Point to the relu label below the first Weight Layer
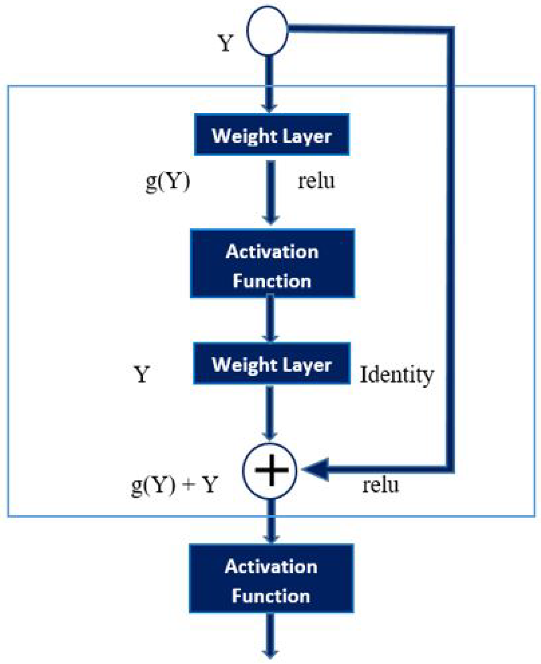click(x=316, y=181)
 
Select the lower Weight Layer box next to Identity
click(x=271, y=364)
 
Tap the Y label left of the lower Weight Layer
click(x=142, y=374)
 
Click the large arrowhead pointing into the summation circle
click(x=316, y=469)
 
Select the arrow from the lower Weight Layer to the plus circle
click(x=270, y=412)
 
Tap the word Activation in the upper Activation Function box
click(x=272, y=252)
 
